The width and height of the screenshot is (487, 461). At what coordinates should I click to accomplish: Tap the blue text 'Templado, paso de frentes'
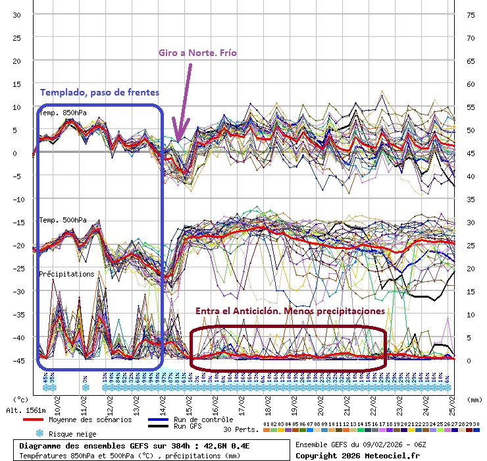99,92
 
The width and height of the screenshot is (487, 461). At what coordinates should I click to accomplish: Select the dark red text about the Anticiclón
290,311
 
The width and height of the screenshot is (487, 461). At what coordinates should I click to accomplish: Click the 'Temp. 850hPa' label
63,113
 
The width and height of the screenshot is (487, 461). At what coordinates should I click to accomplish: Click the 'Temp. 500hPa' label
63,220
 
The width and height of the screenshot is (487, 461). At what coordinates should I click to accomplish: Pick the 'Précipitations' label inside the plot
66,274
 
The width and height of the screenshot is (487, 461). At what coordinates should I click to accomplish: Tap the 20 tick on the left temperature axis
17,61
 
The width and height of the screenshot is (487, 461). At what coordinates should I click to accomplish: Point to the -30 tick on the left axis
17,291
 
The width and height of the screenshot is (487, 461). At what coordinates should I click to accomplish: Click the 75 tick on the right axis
471,14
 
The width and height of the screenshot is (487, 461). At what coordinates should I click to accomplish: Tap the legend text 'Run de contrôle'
205,420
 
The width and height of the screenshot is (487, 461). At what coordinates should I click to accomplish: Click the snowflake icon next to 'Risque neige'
39,434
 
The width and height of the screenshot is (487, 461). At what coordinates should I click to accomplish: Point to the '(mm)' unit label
472,399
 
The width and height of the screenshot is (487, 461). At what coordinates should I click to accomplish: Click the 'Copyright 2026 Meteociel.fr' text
357,455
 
